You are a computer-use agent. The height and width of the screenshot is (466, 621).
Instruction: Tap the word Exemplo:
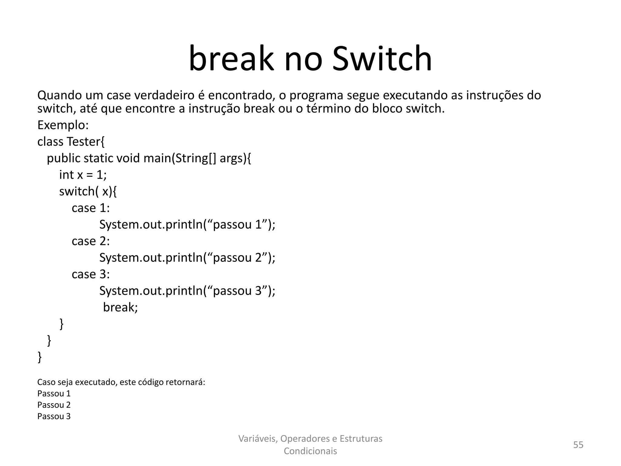[63, 125]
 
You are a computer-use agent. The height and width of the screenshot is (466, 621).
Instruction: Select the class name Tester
[85, 142]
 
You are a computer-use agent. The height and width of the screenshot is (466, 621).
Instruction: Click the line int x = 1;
[83, 175]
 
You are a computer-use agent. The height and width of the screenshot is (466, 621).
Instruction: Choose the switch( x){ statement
[88, 191]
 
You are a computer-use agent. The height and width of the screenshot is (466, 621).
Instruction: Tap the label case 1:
[91, 208]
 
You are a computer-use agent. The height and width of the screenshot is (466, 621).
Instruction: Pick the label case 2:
[91, 241]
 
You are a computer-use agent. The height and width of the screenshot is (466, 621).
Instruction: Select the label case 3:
[91, 274]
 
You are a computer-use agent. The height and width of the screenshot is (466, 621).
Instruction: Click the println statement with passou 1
[187, 225]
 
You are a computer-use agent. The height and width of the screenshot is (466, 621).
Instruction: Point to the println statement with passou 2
[187, 258]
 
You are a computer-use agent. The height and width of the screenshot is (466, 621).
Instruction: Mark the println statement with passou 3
[187, 291]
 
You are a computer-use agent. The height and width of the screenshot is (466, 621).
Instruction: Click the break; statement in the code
[120, 307]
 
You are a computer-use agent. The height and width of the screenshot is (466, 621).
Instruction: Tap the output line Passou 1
[54, 393]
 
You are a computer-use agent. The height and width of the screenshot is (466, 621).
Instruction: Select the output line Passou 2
[54, 405]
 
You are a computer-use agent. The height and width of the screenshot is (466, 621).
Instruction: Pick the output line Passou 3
[54, 416]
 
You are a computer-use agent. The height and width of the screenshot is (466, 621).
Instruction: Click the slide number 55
[578, 445]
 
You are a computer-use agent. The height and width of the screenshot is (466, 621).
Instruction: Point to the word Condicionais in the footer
[310, 451]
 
